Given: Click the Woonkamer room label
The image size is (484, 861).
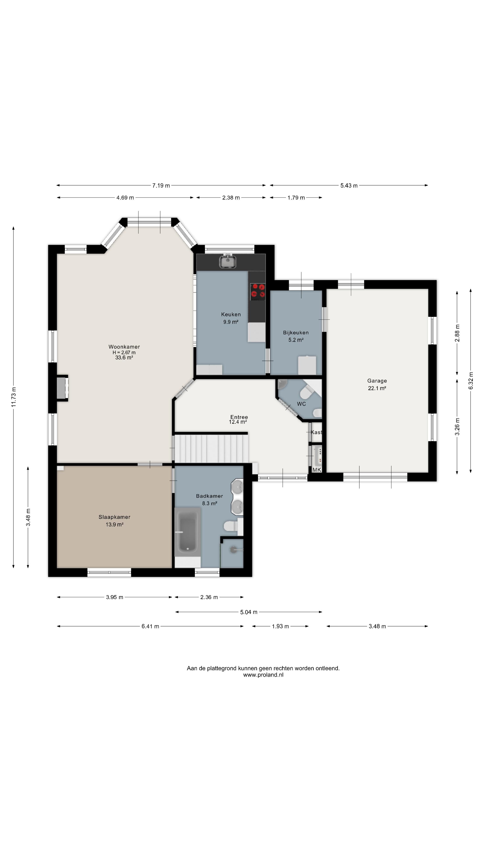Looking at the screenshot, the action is [124, 347].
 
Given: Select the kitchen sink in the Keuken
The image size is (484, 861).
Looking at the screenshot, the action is [228, 261].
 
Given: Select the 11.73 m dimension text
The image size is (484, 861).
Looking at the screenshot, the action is [13, 397].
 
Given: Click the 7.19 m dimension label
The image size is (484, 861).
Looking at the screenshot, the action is [161, 185].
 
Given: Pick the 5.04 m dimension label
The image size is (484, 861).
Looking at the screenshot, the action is [249, 612].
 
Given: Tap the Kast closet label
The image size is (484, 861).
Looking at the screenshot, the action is [316, 432].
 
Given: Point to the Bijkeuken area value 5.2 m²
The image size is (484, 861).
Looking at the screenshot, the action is [296, 340].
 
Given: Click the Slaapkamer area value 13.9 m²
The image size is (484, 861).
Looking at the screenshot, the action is [115, 524].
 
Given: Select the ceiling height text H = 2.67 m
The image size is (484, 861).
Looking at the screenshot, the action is [124, 352].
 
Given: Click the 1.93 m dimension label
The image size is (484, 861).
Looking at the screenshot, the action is [280, 626].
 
